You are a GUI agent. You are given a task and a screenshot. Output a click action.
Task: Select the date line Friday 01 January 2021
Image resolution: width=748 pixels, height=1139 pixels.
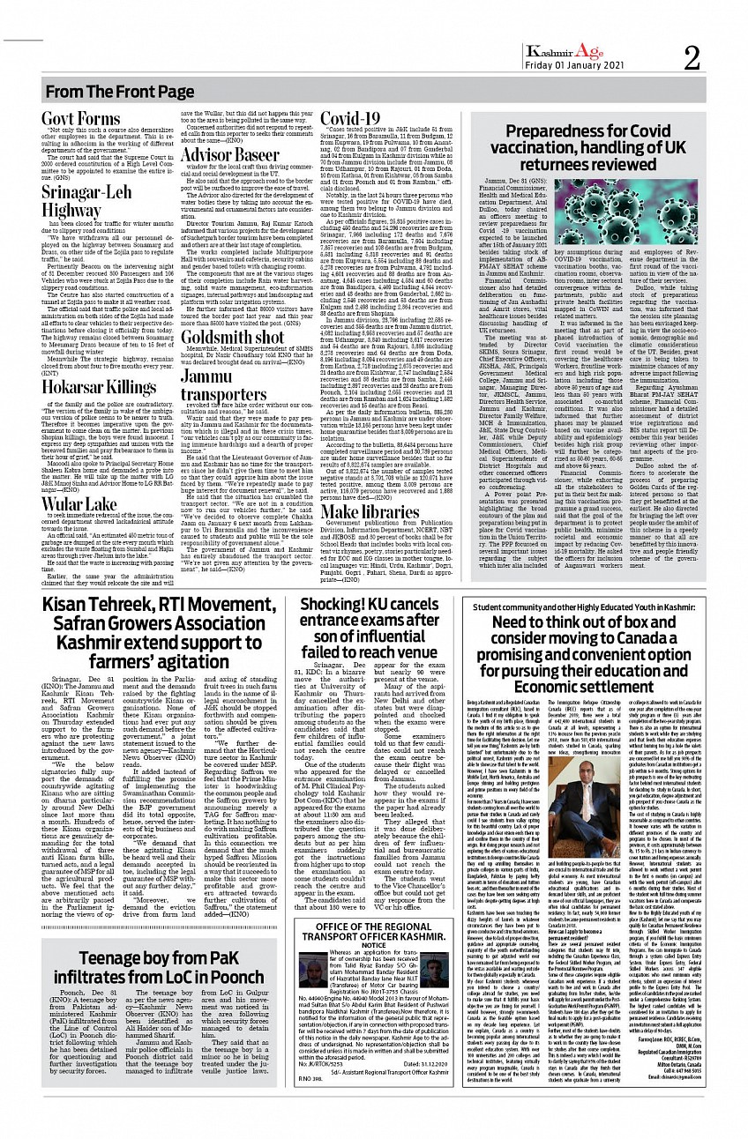click(x=578, y=68)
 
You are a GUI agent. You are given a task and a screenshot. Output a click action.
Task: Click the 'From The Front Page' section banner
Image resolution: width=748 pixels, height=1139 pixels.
click(x=120, y=92)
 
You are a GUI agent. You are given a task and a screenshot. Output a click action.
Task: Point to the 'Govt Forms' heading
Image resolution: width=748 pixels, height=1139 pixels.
click(x=81, y=119)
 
